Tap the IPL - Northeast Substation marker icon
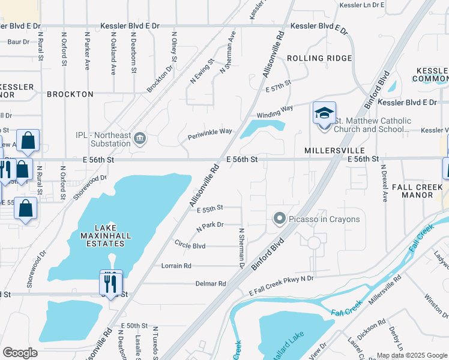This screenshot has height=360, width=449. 139,139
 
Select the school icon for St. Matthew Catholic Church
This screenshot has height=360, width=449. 324,113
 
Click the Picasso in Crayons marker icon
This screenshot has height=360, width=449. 279,219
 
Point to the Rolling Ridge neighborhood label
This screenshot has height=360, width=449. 319,58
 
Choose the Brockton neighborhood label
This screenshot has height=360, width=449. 70,94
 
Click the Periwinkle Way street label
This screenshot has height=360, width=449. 209,131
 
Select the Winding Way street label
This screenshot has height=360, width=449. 274,112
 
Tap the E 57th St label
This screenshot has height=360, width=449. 278,86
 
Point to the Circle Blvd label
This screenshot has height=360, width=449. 190,245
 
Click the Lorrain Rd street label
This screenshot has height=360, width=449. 176,265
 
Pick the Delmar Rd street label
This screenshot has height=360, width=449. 210,283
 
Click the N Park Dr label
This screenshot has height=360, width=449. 209,227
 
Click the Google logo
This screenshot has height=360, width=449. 20,353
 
